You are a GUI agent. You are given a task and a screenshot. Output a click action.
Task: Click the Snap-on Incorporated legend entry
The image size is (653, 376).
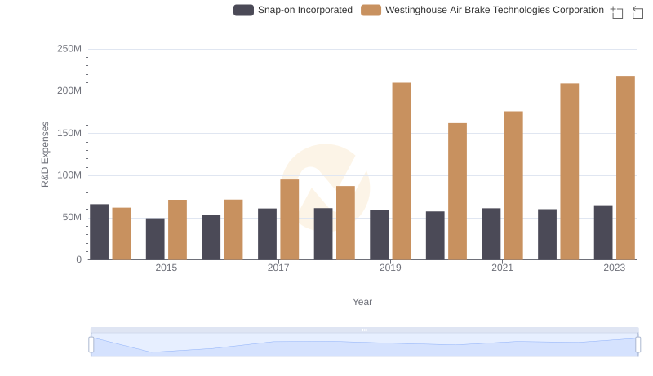[293, 11]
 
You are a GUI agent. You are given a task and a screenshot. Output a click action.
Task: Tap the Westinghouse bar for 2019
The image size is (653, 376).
[402, 171]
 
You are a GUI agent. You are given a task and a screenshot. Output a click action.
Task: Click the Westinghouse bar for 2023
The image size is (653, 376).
[625, 168]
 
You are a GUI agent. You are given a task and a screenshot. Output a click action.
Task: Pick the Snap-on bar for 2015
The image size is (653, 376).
[155, 239]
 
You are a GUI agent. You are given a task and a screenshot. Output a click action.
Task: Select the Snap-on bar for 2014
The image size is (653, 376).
[99, 232]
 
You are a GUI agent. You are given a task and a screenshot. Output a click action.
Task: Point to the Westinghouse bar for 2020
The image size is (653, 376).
[457, 192]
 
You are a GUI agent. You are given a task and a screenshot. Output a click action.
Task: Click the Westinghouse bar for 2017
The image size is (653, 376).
[290, 219]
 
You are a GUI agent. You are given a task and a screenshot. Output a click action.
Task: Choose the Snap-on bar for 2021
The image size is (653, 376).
[491, 234]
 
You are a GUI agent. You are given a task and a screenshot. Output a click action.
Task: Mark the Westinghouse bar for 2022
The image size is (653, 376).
[570, 171]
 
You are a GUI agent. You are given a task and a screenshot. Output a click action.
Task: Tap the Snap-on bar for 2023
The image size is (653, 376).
[603, 232]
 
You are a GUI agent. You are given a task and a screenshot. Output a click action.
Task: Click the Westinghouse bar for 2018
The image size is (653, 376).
[345, 223]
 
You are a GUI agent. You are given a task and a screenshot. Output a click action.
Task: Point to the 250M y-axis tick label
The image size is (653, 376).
[69, 49]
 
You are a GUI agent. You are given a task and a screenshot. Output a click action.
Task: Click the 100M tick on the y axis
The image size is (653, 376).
[69, 175]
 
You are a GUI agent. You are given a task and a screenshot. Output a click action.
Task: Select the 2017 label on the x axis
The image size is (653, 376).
[278, 268]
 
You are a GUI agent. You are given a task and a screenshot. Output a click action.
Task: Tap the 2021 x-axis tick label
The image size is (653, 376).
[502, 268]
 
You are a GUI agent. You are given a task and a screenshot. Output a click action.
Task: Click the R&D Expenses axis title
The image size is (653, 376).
[46, 154]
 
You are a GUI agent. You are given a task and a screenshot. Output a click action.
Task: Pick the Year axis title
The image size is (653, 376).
[362, 302]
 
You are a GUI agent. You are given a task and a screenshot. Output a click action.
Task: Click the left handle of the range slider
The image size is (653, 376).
[91, 345]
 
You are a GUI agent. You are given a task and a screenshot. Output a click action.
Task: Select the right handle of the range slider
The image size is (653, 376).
[638, 345]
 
